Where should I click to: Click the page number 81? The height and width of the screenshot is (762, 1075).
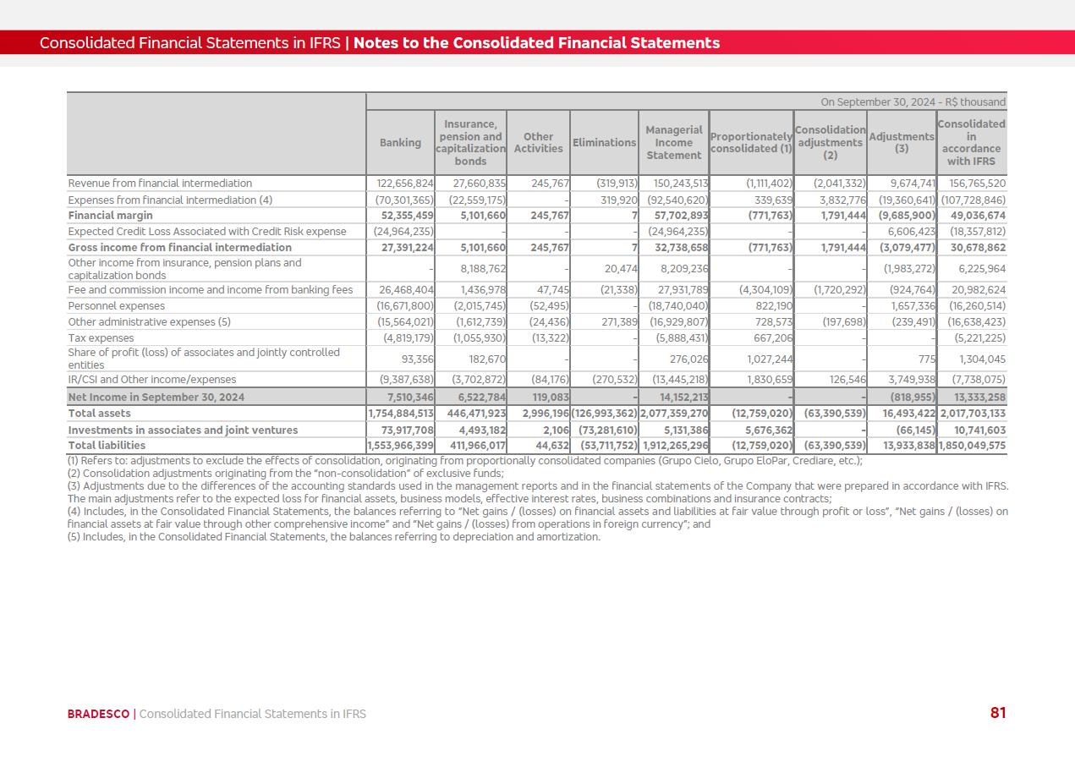pyautogui.click(x=998, y=713)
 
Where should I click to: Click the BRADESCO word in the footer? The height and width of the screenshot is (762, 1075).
pyautogui.click(x=98, y=714)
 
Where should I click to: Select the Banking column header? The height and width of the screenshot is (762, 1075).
pyautogui.click(x=400, y=143)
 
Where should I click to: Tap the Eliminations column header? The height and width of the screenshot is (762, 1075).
pyautogui.click(x=604, y=143)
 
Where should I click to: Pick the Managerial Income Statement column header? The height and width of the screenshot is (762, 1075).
pyautogui.click(x=673, y=143)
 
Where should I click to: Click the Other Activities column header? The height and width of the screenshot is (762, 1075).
pyautogui.click(x=538, y=143)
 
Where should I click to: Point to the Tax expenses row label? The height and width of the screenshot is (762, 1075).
pyautogui.click(x=101, y=338)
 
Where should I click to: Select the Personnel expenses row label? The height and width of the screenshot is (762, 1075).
pyautogui.click(x=116, y=306)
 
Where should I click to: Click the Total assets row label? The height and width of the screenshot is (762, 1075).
pyautogui.click(x=99, y=414)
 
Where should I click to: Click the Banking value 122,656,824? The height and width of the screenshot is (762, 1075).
pyautogui.click(x=404, y=184)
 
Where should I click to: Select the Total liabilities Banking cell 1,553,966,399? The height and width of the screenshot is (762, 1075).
pyautogui.click(x=401, y=446)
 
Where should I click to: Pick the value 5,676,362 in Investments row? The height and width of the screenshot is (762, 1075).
pyautogui.click(x=765, y=430)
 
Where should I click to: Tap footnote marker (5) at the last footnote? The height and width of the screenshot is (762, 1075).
pyautogui.click(x=74, y=537)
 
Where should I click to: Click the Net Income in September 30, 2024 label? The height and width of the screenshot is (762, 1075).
pyautogui.click(x=156, y=397)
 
